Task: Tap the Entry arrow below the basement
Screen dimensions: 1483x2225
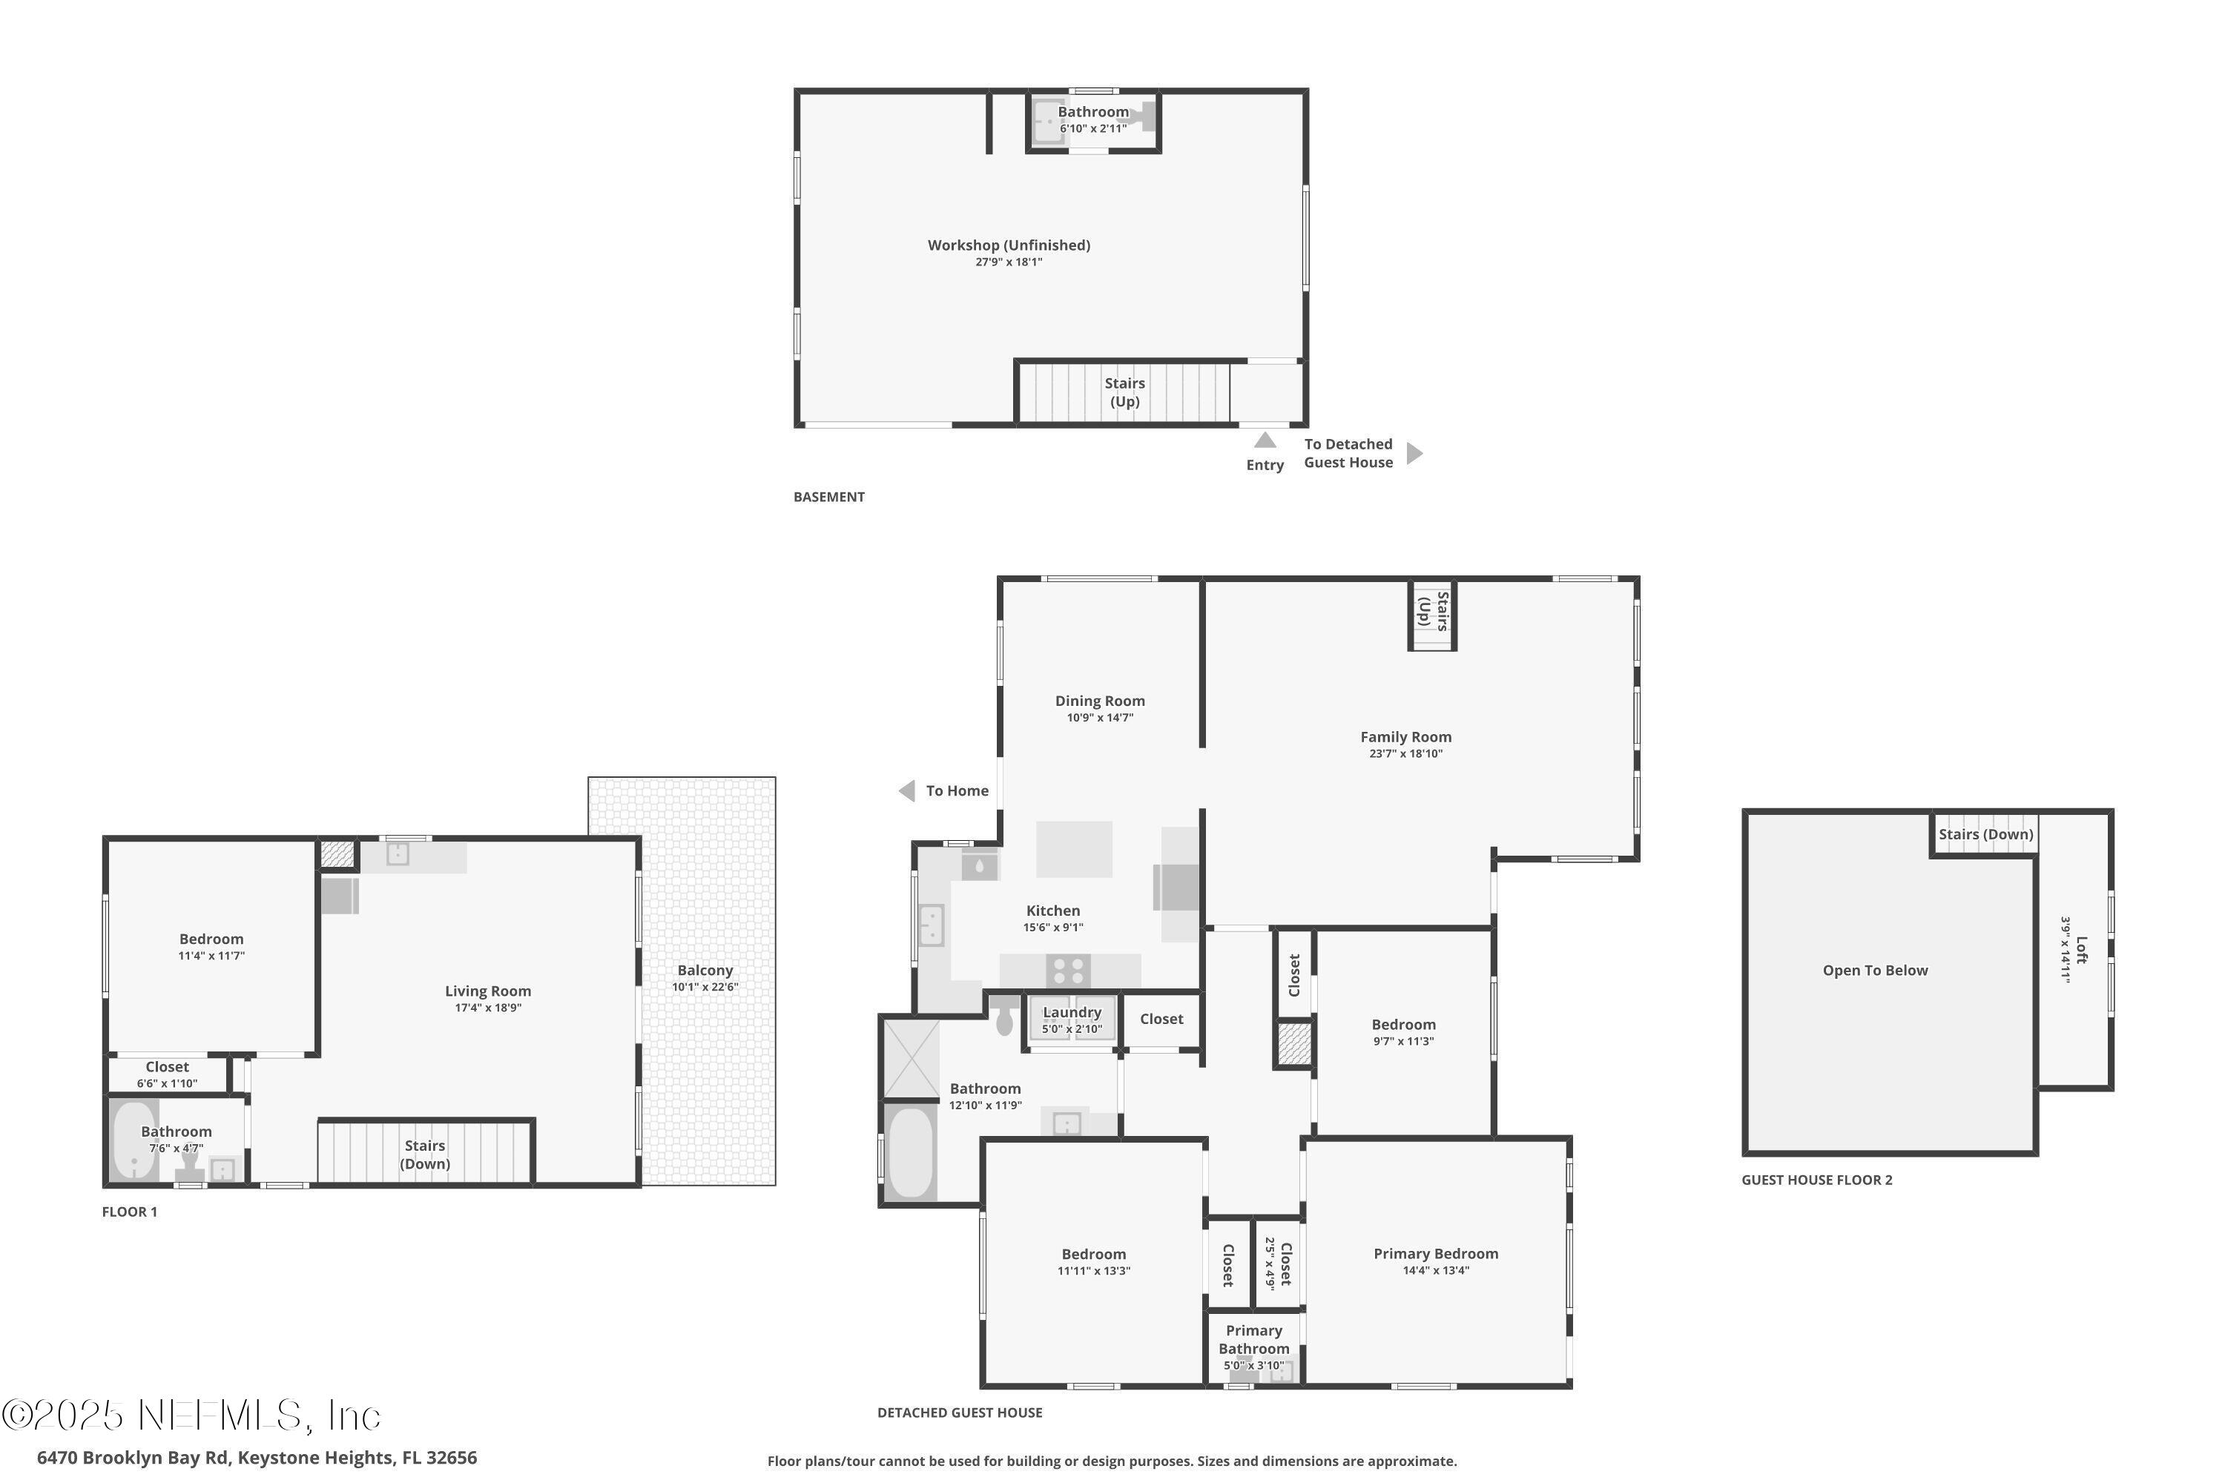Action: tap(1265, 440)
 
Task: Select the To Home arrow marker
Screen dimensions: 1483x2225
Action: tap(907, 790)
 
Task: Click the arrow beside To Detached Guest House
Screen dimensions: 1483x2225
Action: tap(1414, 454)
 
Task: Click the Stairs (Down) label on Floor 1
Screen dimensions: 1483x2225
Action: tap(425, 1155)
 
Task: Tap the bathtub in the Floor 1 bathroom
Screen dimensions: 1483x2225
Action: tap(133, 1140)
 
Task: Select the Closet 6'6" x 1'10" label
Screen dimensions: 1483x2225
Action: tap(168, 1068)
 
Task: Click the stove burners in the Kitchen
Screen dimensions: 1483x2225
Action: tap(1069, 971)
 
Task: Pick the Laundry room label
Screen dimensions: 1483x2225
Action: tap(1072, 1013)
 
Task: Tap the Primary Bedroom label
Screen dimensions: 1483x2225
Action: tap(1435, 1254)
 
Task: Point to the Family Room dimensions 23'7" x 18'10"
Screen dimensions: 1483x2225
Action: tap(1405, 754)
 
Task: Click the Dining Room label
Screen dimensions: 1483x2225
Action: tap(1099, 701)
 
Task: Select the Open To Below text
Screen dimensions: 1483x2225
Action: tap(1874, 971)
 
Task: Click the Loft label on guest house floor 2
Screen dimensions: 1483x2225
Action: tap(2081, 950)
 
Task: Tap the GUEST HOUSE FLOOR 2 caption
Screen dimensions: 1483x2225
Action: tap(1816, 1180)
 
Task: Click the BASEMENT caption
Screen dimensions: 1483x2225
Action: tap(828, 498)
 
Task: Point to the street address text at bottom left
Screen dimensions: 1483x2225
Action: tap(257, 1458)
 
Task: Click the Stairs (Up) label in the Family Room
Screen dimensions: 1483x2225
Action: tap(1432, 611)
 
